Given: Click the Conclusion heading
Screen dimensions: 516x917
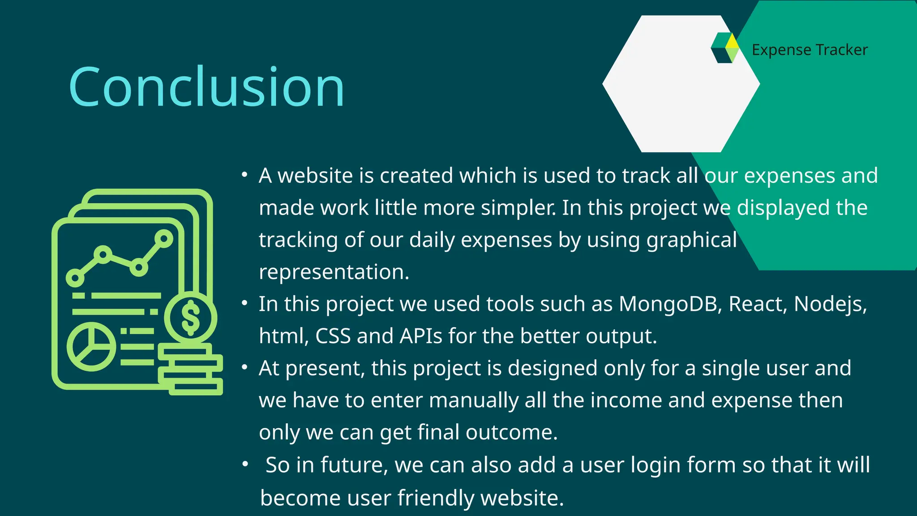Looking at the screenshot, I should [206, 87].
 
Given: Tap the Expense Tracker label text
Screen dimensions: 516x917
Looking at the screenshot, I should [810, 50].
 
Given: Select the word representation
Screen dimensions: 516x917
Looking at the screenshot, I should [334, 272].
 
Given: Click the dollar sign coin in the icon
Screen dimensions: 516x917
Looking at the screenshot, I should [191, 318].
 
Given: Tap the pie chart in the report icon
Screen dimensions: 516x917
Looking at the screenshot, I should [91, 347].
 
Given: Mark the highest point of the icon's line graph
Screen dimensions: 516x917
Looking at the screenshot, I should [164, 239].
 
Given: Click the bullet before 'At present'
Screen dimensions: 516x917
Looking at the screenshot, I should [244, 367].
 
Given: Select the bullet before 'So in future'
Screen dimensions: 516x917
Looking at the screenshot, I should [245, 464].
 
